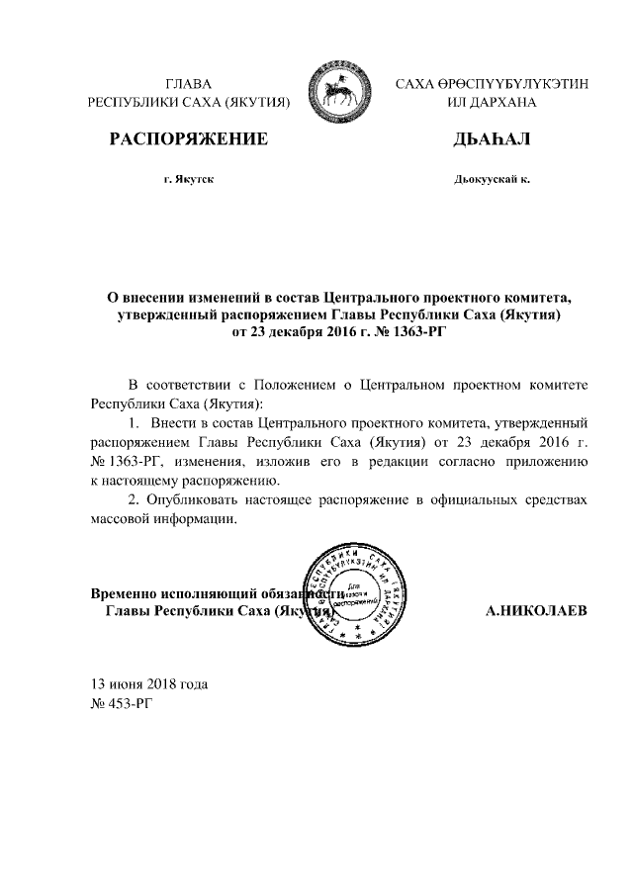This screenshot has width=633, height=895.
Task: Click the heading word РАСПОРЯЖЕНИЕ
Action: [189, 140]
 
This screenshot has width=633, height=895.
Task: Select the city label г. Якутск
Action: [189, 180]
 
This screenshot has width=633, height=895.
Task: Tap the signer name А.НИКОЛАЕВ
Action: [537, 611]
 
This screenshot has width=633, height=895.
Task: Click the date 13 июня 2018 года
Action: [149, 684]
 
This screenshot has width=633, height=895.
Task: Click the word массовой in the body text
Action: [123, 520]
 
